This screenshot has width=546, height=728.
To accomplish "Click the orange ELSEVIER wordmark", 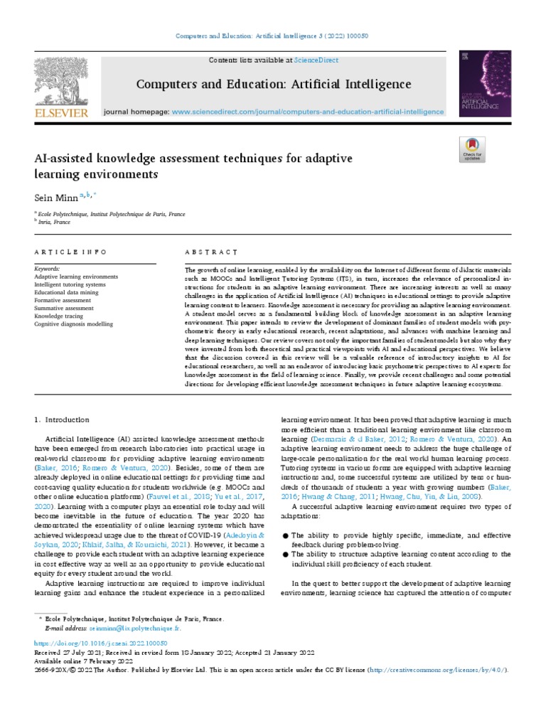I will tap(62, 113).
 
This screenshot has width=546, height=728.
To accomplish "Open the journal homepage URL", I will tap(309, 112).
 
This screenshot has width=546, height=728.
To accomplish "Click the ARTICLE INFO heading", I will tap(70, 252).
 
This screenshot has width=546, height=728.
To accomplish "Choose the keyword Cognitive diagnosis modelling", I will tap(73, 323).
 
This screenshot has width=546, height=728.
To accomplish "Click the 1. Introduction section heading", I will tap(63, 420).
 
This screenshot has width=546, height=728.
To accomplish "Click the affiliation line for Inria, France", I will tap(55, 221).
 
